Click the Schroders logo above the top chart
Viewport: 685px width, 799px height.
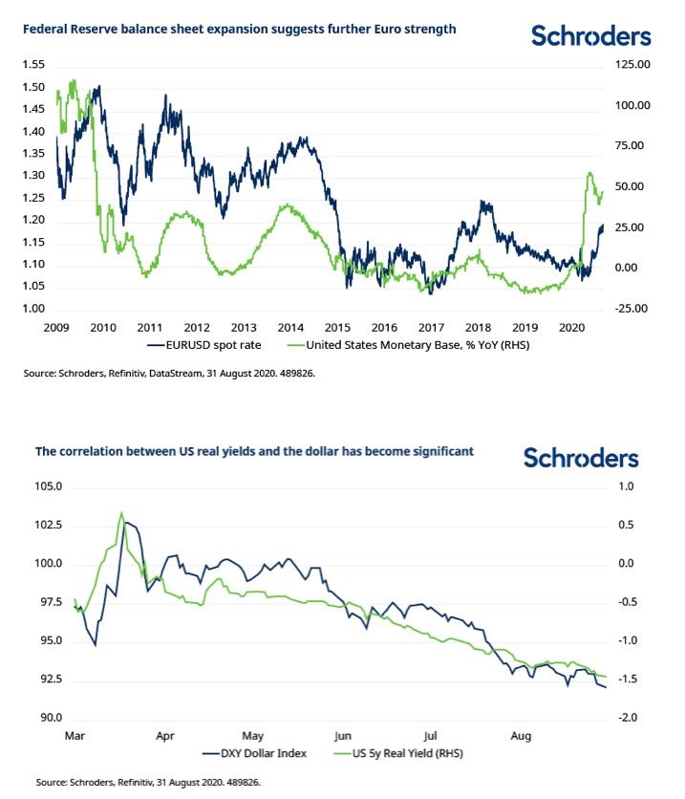coord(591,36)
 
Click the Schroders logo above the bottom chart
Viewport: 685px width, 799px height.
coord(581,458)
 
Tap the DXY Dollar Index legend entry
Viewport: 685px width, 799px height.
coord(264,753)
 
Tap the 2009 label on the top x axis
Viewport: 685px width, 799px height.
coord(56,327)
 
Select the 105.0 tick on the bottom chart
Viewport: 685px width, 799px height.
coord(51,486)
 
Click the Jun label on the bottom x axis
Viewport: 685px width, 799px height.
coord(344,737)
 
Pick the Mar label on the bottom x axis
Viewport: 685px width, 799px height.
coord(75,737)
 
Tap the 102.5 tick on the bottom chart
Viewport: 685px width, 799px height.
coord(51,525)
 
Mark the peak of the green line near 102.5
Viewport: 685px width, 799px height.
coord(121,513)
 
